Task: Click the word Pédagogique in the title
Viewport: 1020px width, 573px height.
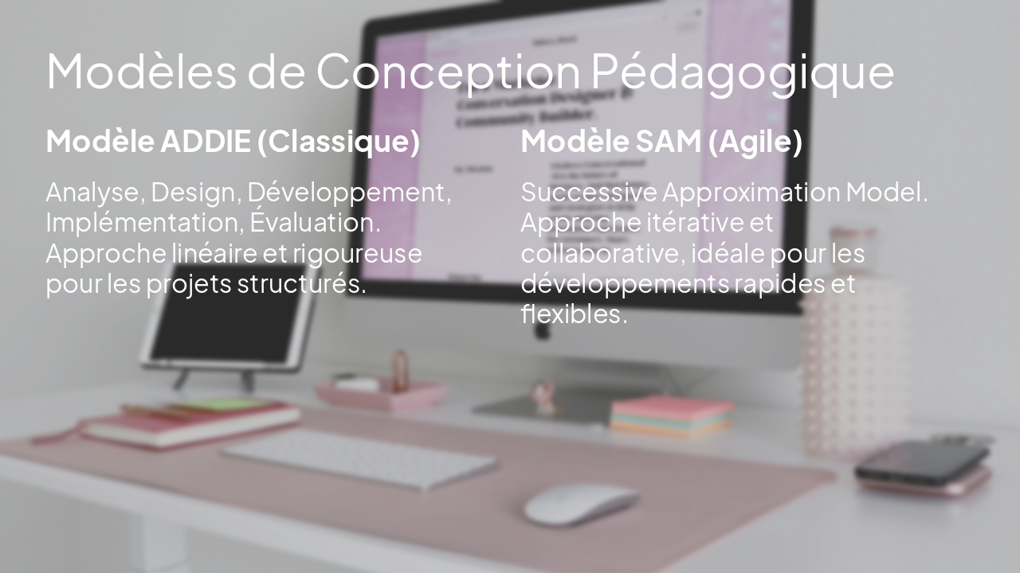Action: pos(743,72)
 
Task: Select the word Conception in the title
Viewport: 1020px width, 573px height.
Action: pos(448,72)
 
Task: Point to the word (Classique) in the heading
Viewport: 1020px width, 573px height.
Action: pos(339,142)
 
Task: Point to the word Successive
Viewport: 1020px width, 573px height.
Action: pos(589,193)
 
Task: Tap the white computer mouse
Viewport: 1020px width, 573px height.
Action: pos(580,504)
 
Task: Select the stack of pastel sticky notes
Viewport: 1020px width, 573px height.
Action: pos(671,415)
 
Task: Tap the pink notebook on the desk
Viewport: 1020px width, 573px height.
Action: pos(191,424)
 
